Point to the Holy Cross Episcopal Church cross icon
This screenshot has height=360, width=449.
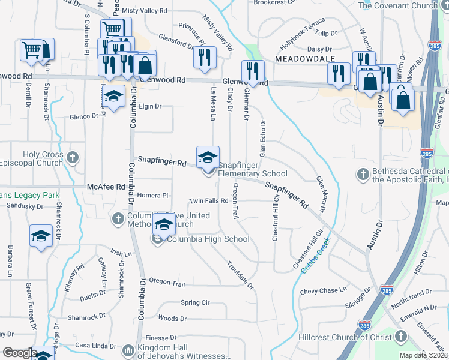[x=72, y=158]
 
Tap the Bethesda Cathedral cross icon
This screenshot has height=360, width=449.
[x=362, y=174]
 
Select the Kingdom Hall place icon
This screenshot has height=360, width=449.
[x=127, y=350]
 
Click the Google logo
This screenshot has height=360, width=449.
[x=19, y=353]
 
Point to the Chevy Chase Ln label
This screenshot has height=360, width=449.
[x=324, y=291]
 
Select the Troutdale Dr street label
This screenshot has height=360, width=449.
[x=240, y=274]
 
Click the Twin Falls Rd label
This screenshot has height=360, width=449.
[x=209, y=201]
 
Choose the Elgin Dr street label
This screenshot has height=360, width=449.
[x=150, y=106]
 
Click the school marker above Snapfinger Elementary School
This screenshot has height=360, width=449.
[x=208, y=157]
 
